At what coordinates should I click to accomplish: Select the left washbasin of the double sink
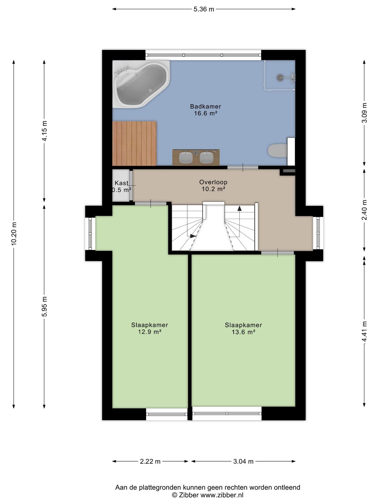[x=186, y=157]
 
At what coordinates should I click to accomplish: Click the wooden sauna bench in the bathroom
[x=134, y=143]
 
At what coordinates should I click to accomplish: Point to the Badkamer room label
[x=205, y=106]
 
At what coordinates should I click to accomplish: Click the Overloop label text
[x=213, y=182]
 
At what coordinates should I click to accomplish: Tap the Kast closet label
[x=121, y=183]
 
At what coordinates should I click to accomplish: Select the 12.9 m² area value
[x=149, y=332]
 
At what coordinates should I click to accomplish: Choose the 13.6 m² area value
[x=243, y=332]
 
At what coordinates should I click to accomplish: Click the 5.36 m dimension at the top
[x=204, y=9]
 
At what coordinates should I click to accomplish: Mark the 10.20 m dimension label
[x=14, y=233]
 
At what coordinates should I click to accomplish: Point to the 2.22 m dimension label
[x=150, y=461]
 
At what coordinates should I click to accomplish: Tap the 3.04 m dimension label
[x=243, y=461]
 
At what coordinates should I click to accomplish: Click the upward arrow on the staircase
[x=239, y=209]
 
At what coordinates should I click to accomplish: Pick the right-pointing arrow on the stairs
[x=193, y=236]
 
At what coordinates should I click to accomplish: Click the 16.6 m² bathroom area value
[x=205, y=113]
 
